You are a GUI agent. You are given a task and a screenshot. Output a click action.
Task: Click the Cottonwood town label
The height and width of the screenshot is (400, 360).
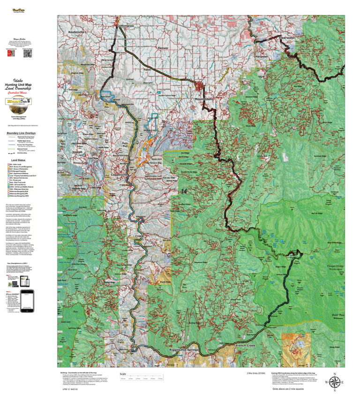click(126, 26)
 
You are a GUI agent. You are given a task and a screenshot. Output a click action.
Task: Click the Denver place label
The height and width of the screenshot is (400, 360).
click(163, 48)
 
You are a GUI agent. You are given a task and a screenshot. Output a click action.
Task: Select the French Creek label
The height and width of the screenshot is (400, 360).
click(246, 346)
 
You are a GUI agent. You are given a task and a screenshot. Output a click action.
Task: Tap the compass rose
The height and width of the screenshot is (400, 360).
click(335, 381)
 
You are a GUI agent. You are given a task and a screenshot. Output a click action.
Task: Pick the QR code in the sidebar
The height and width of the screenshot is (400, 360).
click(28, 53)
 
